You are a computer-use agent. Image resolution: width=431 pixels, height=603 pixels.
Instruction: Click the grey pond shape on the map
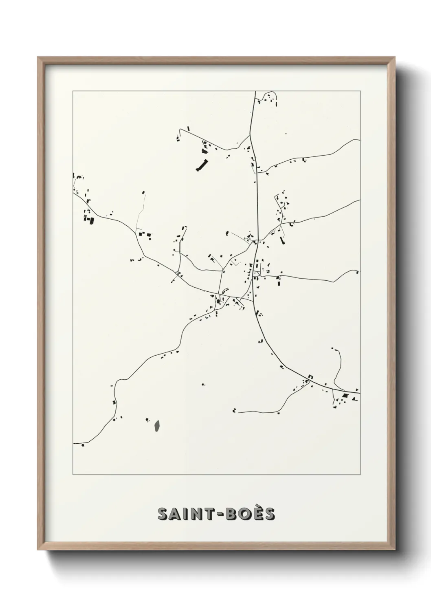coord(157,426)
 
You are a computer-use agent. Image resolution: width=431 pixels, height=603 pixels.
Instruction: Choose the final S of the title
coord(269,515)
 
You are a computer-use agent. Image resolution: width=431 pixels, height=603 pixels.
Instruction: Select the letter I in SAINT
coord(186,515)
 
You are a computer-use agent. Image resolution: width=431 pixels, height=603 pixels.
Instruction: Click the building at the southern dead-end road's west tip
coord(235,410)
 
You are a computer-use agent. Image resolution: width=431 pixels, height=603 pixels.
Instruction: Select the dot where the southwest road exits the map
coord(83,445)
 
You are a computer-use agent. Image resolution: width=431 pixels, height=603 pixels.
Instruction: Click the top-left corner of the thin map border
coord(73,91)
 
